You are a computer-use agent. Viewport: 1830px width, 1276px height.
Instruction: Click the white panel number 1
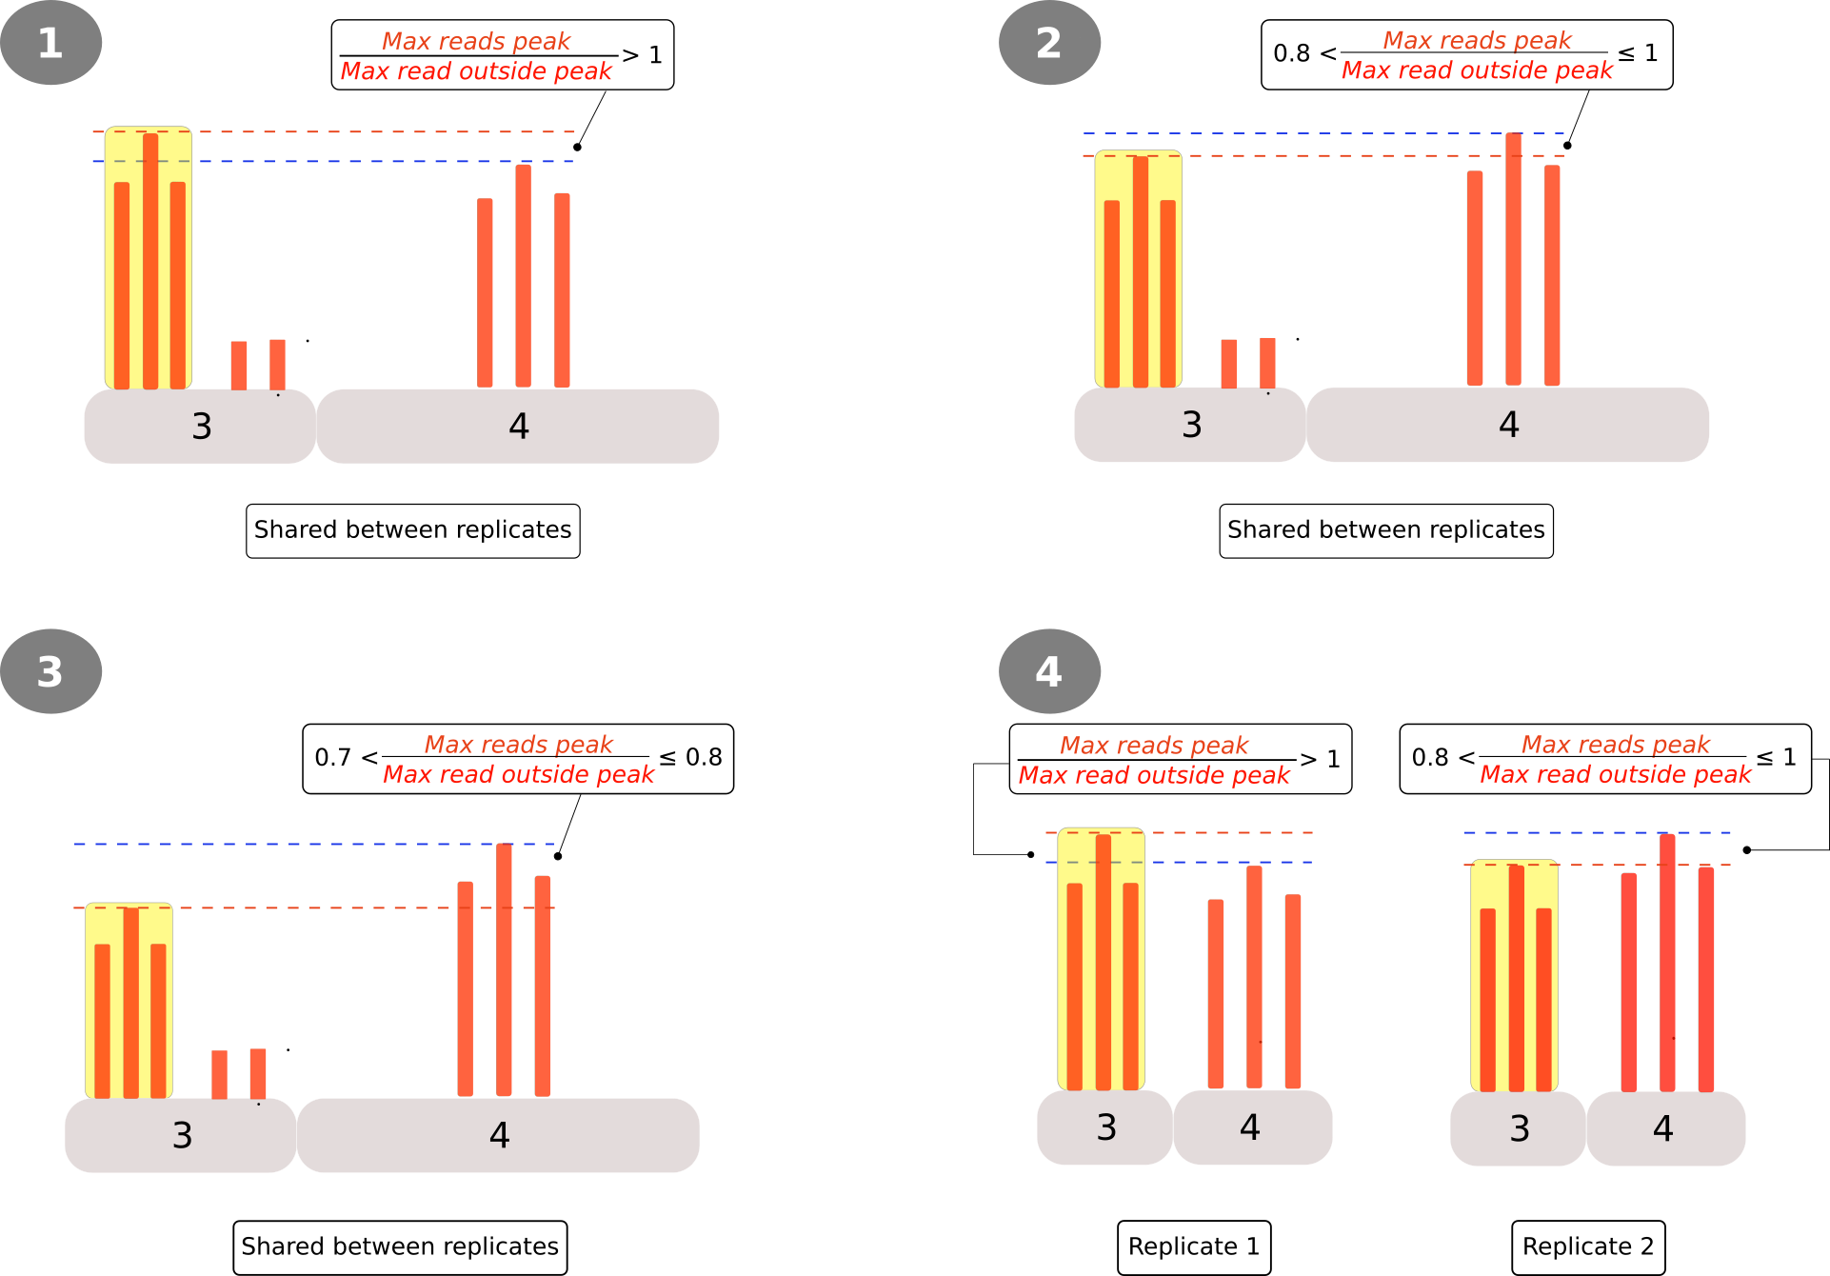[50, 44]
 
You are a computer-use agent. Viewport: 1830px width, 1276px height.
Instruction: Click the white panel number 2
[1048, 44]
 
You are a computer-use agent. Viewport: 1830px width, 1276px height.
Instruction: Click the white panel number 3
[50, 672]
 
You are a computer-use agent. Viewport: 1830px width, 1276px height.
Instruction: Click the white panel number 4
[1048, 672]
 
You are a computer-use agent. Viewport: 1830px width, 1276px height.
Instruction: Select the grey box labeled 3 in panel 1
[200, 427]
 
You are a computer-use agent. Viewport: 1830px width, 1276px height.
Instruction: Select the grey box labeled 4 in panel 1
[518, 427]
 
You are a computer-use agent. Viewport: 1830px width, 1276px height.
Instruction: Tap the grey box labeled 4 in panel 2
[1508, 425]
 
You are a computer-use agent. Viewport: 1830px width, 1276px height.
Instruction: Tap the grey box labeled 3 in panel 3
[181, 1135]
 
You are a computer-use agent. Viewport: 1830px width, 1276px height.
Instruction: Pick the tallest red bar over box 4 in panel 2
[1513, 259]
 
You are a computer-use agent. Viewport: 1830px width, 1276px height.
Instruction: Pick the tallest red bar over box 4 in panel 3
[504, 969]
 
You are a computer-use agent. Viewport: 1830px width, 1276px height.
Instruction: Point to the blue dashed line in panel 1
[381, 161]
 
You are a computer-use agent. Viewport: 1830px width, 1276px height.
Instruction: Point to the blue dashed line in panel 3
[286, 844]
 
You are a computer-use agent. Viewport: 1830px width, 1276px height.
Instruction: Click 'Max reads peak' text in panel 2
[1477, 40]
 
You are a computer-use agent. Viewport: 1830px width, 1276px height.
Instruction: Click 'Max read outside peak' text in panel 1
[476, 71]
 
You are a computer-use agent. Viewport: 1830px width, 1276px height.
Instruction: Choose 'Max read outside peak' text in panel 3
[519, 774]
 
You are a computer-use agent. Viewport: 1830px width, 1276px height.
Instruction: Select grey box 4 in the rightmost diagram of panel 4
[1665, 1128]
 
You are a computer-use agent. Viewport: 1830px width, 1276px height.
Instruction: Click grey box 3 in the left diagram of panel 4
[1104, 1127]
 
